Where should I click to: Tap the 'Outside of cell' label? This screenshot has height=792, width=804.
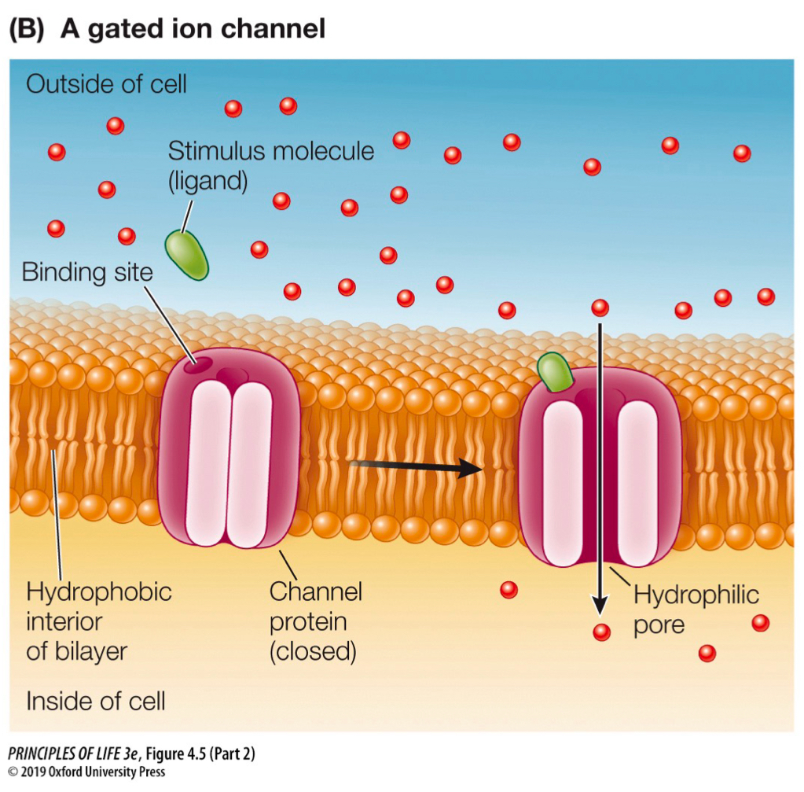(x=106, y=84)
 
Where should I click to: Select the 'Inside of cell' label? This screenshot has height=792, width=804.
(x=95, y=700)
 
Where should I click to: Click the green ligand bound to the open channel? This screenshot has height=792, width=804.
(x=556, y=372)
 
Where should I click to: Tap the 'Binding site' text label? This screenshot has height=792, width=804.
(x=86, y=273)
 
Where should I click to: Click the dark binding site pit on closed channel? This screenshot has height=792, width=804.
(x=196, y=365)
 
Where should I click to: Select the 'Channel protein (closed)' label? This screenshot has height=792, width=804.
(x=314, y=621)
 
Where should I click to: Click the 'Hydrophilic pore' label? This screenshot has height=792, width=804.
(x=696, y=610)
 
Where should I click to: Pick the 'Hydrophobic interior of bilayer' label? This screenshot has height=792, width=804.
(x=98, y=621)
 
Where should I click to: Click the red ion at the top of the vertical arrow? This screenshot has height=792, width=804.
(x=600, y=308)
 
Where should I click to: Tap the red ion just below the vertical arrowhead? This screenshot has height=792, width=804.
(x=601, y=632)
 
